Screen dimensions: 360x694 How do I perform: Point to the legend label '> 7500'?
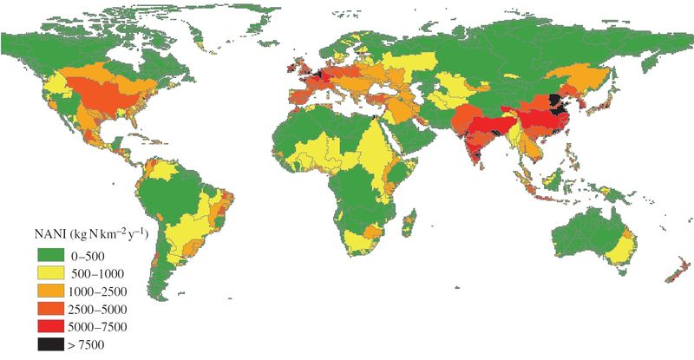(99, 344)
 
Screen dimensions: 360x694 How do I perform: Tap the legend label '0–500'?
(97, 254)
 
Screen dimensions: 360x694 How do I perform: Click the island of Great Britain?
(298, 67)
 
